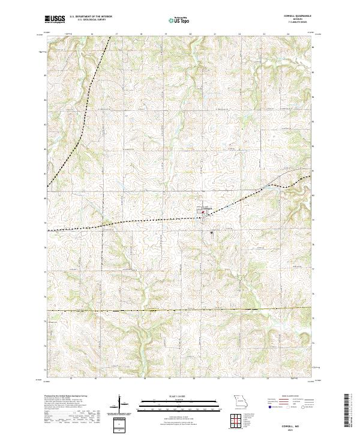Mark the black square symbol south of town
pyautogui.click(x=212, y=233)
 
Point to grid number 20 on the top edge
pyautogui.click(x=190, y=35)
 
